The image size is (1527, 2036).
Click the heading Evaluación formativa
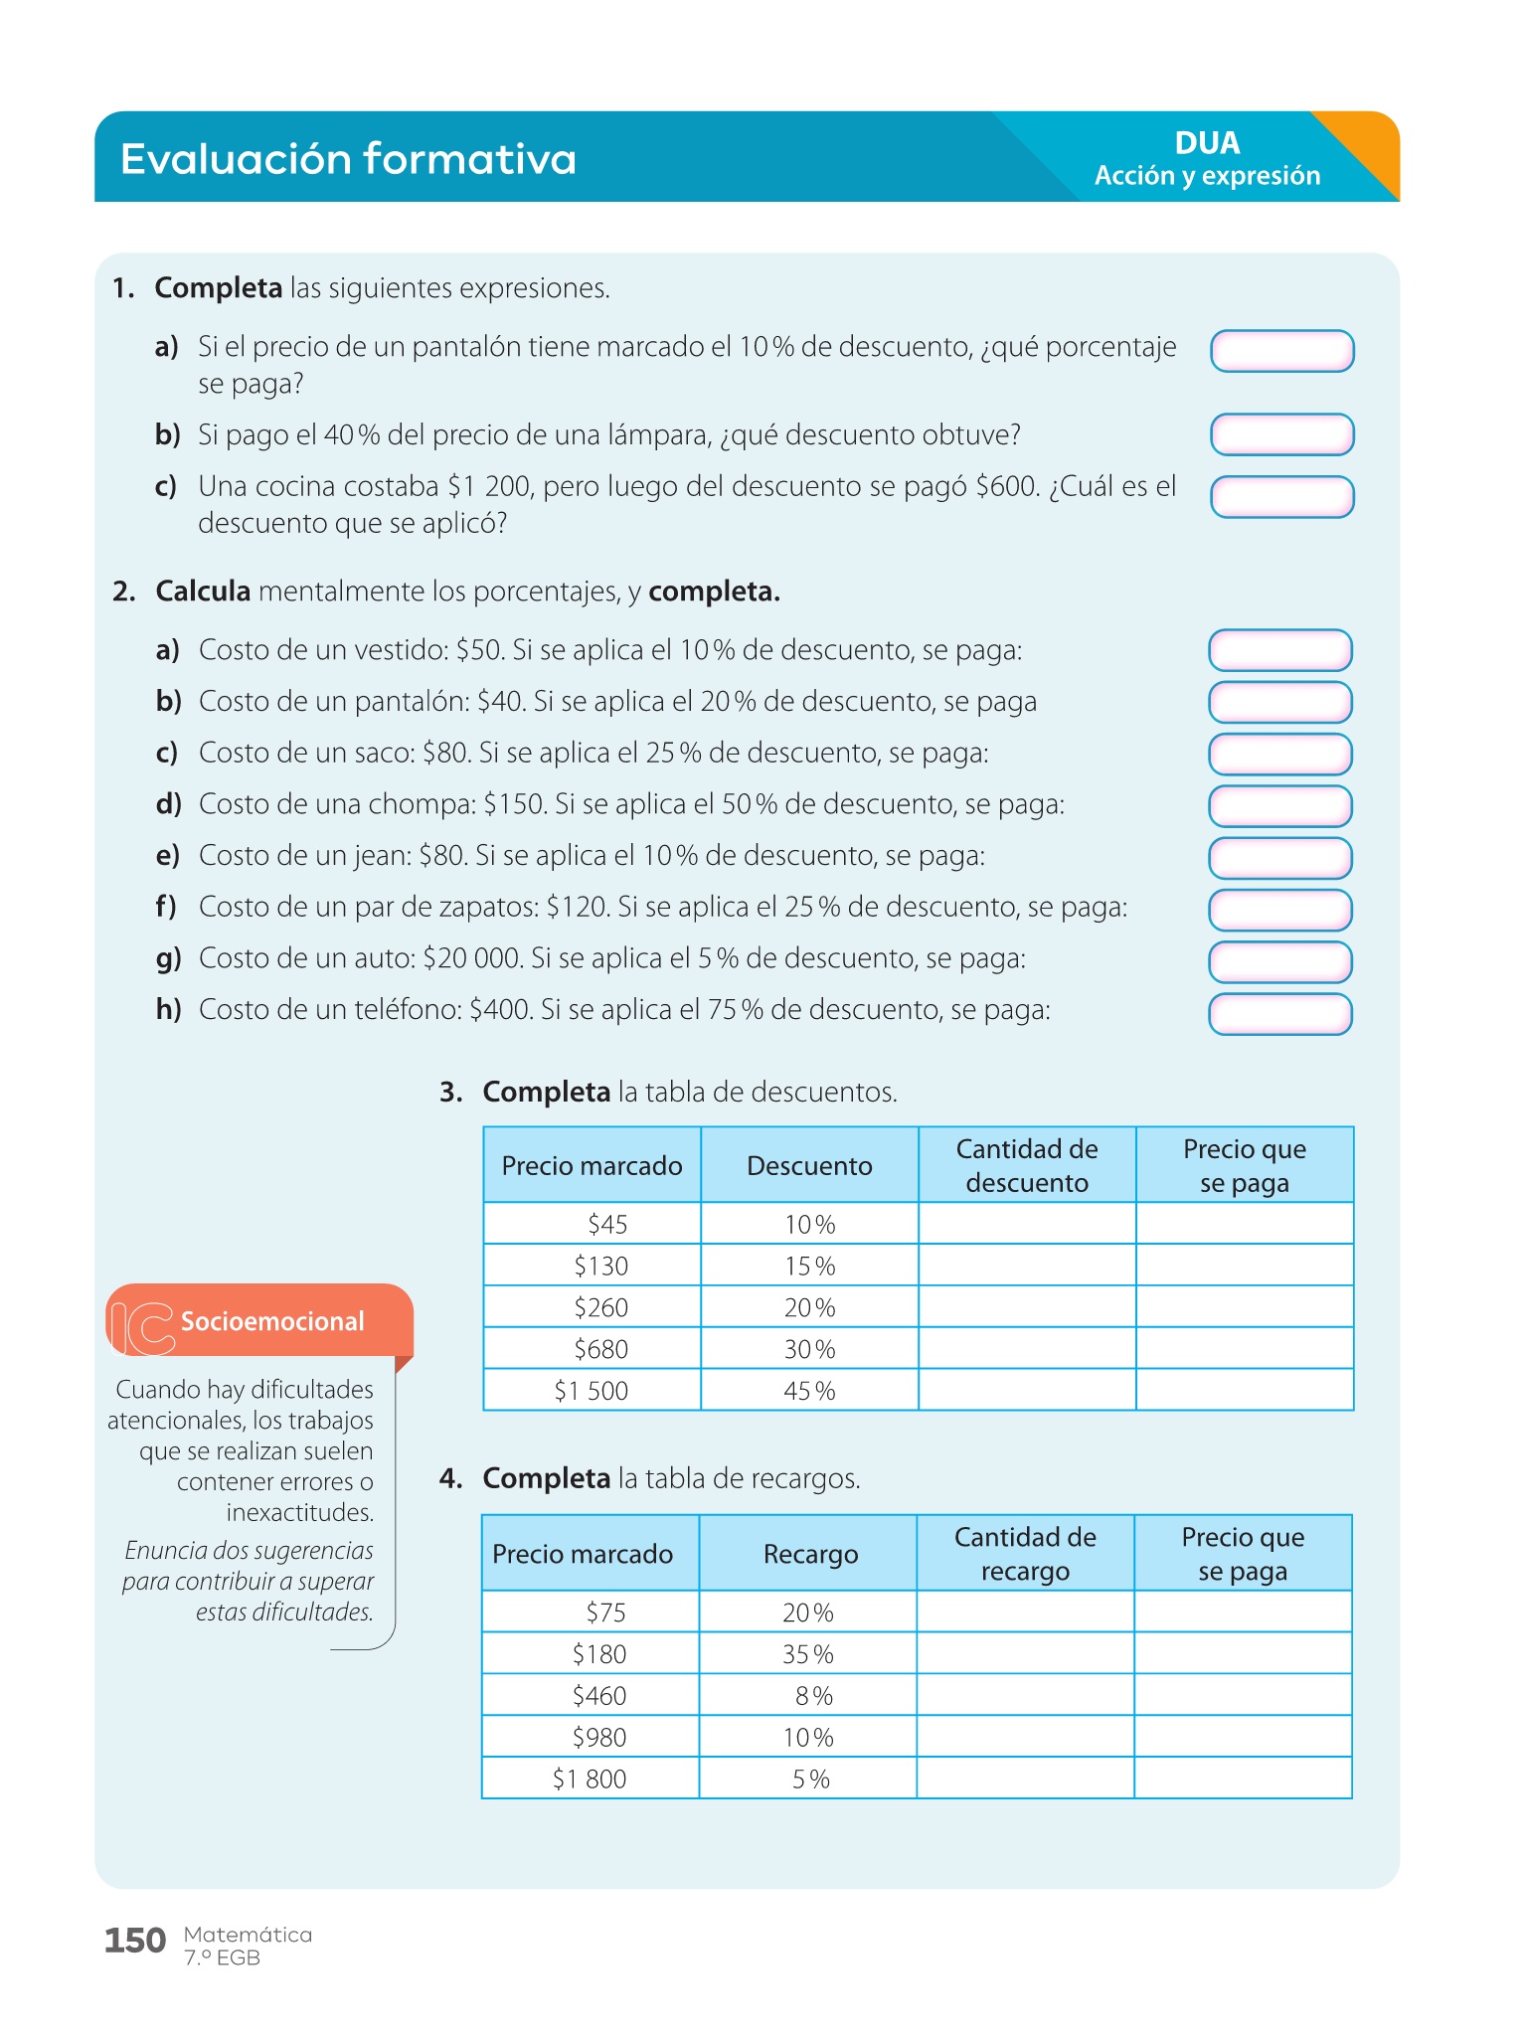click(x=348, y=159)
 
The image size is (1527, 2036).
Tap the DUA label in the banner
click(x=1207, y=143)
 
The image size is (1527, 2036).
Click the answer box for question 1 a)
click(x=1281, y=351)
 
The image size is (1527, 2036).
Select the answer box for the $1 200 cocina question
click(x=1281, y=497)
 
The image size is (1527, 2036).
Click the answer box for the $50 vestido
click(x=1279, y=650)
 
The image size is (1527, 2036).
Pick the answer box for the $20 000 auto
click(x=1279, y=961)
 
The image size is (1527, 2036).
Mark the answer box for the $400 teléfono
click(x=1279, y=1014)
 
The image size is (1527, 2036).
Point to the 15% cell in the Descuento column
click(x=809, y=1266)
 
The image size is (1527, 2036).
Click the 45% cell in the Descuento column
click(x=809, y=1391)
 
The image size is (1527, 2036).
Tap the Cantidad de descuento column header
click(x=1027, y=1165)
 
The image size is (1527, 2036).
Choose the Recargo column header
click(x=810, y=1554)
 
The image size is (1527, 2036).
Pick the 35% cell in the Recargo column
click(x=807, y=1654)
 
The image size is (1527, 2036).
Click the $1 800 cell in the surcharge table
click(x=590, y=1779)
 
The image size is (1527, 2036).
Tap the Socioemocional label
click(x=272, y=1321)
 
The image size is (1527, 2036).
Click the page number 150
click(x=135, y=1941)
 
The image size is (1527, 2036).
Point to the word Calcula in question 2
click(x=203, y=592)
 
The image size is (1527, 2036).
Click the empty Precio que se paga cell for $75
click(x=1243, y=1612)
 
